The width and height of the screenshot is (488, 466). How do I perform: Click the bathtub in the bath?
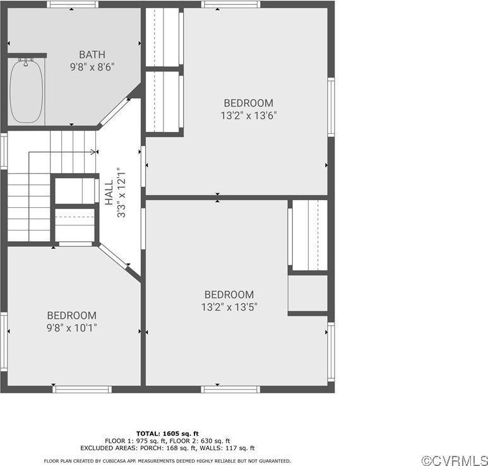[x=27, y=91]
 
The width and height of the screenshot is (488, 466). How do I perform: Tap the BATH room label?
[x=92, y=54]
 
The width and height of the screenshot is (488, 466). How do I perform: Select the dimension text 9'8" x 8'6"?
[x=92, y=66]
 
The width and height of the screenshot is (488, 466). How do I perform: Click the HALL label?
[x=109, y=192]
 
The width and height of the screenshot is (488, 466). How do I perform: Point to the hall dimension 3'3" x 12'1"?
[x=121, y=192]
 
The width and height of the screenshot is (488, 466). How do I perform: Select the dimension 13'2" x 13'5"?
[x=229, y=307]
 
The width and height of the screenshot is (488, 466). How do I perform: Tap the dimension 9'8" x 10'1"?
[x=72, y=328]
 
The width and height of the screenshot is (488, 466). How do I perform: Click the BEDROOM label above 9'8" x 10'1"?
[x=72, y=316]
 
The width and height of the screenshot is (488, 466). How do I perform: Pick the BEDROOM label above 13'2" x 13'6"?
[x=248, y=103]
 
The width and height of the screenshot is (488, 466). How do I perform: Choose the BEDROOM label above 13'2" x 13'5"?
[x=229, y=295]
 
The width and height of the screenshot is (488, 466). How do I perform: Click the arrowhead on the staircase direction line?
[x=94, y=152]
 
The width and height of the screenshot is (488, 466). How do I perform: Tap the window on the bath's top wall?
[x=73, y=4]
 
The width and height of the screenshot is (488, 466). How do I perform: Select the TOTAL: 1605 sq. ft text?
[x=167, y=433]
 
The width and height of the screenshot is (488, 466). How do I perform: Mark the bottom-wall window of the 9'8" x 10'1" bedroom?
[x=82, y=389]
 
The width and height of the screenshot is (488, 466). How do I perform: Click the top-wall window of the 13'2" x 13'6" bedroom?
[x=230, y=4]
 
